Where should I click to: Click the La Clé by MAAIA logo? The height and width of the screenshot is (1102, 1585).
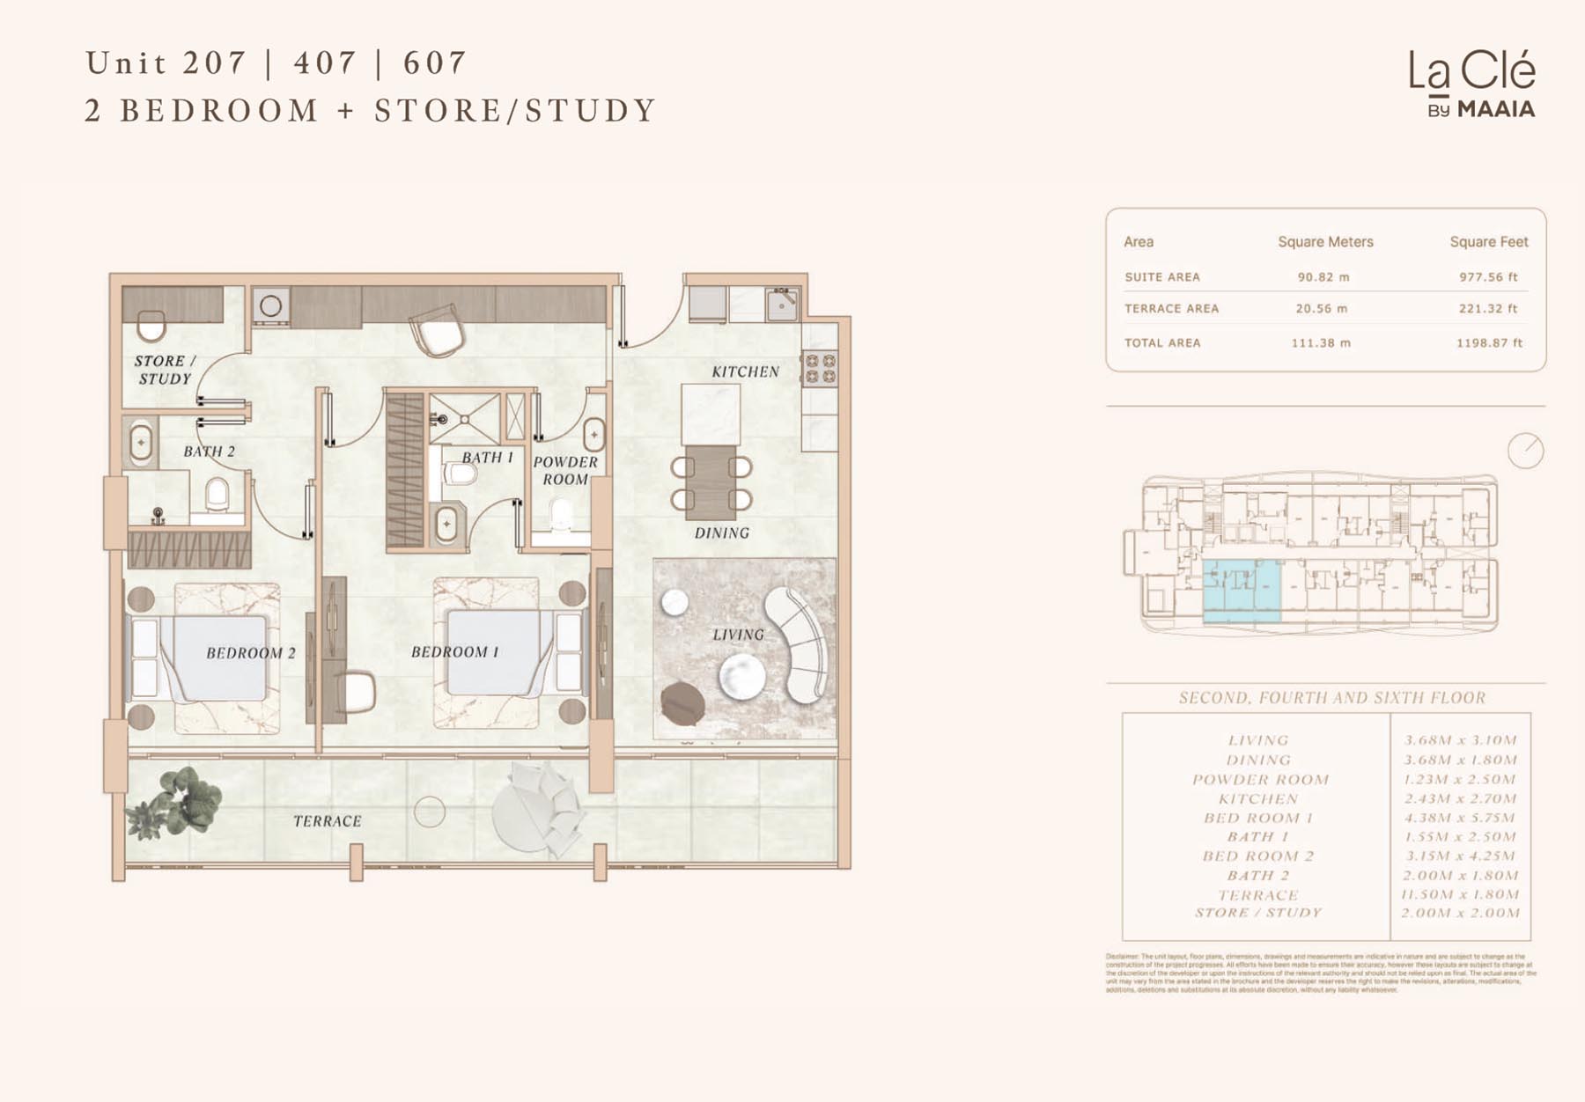[1471, 84]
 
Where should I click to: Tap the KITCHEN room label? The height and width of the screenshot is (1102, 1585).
[745, 371]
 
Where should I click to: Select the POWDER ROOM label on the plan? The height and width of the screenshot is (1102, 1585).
[565, 470]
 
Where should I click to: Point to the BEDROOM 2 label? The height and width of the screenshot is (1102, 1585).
[251, 653]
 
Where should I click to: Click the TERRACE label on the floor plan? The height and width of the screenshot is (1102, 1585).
[328, 821]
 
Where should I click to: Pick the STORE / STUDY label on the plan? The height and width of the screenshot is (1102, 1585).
[165, 370]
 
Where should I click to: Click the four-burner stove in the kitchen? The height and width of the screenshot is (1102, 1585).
[819, 369]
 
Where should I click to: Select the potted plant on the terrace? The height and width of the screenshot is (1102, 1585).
[176, 803]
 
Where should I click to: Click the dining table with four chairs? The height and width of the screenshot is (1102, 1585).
[711, 482]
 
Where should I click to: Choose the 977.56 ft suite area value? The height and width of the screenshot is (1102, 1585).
[1488, 277]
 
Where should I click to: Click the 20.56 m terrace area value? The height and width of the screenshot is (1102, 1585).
[1321, 309]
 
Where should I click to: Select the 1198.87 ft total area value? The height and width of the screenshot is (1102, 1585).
[1489, 343]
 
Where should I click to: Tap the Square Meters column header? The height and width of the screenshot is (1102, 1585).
[1325, 242]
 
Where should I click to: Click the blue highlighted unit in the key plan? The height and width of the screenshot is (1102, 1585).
[1242, 591]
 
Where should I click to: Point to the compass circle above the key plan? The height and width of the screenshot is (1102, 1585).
[1525, 451]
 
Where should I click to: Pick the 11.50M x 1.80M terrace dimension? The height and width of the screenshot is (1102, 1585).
[1460, 894]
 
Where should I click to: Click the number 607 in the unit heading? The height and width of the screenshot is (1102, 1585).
[434, 63]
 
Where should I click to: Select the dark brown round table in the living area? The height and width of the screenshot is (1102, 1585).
[682, 703]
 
